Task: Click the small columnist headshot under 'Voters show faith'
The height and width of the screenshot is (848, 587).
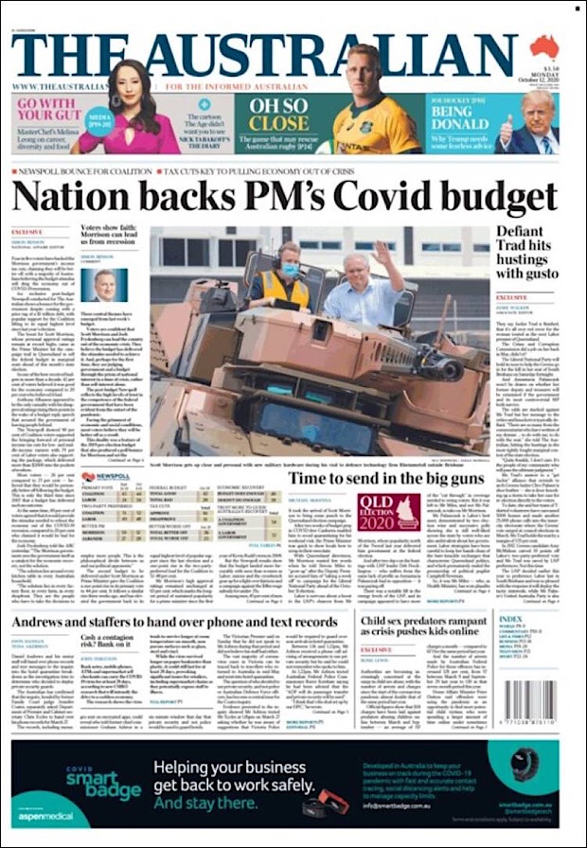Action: pyautogui.click(x=106, y=284)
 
